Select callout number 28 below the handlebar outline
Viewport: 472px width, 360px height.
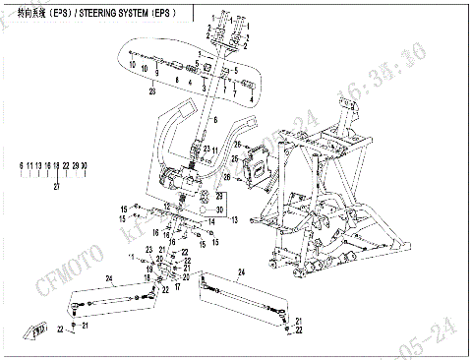152,90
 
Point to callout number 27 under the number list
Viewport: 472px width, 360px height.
56,186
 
